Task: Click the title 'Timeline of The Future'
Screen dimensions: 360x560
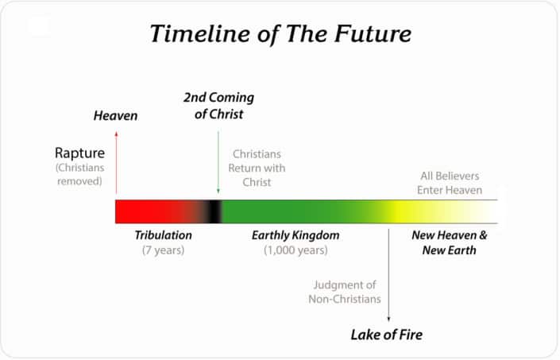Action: (x=280, y=34)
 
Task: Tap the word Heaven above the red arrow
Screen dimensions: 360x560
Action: (x=116, y=116)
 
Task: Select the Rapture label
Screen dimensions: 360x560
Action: (x=79, y=153)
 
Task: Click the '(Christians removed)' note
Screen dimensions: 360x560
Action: (x=79, y=174)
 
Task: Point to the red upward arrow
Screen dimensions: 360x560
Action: (x=116, y=162)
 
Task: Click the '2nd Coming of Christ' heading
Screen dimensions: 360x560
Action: (x=218, y=106)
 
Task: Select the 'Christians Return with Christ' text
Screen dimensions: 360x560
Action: (x=257, y=168)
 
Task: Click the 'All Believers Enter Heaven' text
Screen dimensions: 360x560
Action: (x=450, y=182)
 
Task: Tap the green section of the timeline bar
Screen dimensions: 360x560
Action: (x=302, y=211)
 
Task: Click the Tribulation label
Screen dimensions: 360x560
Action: (x=163, y=236)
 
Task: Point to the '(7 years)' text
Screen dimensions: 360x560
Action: (x=163, y=250)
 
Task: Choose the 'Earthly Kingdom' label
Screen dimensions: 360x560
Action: (x=295, y=236)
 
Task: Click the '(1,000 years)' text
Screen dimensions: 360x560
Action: (x=295, y=250)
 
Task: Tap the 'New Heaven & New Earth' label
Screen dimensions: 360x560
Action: (x=450, y=242)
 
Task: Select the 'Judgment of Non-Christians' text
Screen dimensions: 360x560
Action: (x=345, y=292)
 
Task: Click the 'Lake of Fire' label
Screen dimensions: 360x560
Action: (x=387, y=335)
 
